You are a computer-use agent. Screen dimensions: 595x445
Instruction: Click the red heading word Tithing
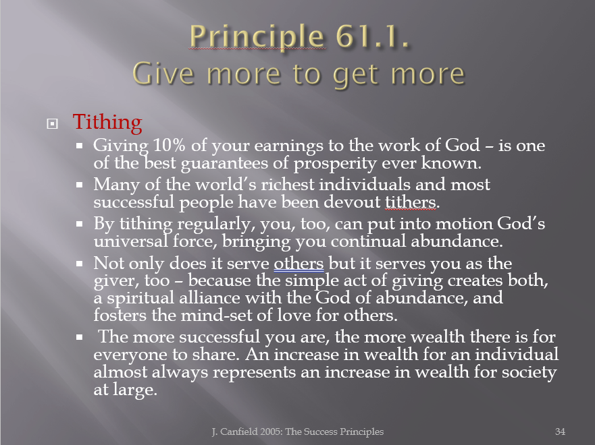click(x=107, y=122)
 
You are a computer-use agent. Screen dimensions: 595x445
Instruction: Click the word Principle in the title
click(x=257, y=37)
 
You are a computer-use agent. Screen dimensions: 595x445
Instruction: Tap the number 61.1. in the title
click(x=372, y=36)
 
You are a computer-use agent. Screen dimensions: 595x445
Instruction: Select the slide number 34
click(x=560, y=432)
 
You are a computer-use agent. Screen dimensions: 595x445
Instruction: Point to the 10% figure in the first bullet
click(x=170, y=145)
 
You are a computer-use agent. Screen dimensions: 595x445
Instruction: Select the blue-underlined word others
click(x=299, y=263)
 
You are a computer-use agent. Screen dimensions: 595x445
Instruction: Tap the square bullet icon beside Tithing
click(x=53, y=123)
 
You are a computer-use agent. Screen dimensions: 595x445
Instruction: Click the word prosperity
click(x=335, y=164)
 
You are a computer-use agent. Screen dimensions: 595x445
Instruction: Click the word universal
click(x=130, y=241)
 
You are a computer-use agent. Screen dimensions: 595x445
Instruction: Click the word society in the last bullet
click(x=529, y=373)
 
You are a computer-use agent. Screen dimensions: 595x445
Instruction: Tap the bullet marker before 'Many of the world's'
click(x=79, y=185)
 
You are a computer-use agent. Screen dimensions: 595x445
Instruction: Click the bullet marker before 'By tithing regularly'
click(x=79, y=224)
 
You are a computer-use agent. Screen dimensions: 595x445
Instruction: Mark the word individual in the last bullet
click(x=517, y=355)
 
